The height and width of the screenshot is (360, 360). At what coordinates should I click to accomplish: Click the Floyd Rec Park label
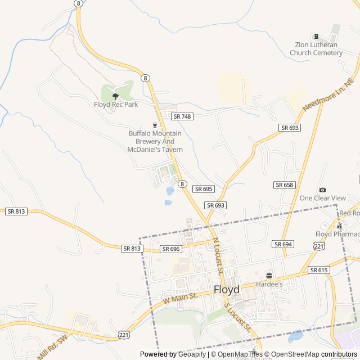(x=115, y=105)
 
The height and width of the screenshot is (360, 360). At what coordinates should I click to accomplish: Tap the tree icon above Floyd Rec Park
(x=115, y=96)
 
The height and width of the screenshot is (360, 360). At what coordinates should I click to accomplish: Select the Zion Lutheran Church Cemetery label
(x=316, y=49)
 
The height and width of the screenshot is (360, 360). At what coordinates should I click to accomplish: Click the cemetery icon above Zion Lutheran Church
(x=316, y=37)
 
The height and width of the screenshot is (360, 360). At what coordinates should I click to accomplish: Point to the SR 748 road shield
(x=182, y=116)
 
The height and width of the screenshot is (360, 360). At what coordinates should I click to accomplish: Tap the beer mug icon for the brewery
(x=155, y=125)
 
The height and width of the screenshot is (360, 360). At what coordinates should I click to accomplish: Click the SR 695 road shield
(x=203, y=189)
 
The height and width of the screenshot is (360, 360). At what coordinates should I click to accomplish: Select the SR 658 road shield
(x=285, y=185)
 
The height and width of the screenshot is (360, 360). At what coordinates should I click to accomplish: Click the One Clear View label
(x=322, y=198)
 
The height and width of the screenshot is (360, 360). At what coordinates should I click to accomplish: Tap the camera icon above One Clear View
(x=322, y=190)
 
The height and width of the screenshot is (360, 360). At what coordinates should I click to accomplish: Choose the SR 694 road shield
(x=283, y=244)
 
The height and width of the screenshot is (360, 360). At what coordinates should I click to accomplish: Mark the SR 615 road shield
(x=319, y=271)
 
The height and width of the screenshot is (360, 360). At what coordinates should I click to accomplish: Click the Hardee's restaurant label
(x=269, y=285)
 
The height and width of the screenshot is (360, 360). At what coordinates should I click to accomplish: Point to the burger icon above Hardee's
(x=269, y=276)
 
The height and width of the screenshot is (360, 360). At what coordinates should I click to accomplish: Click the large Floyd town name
(x=226, y=290)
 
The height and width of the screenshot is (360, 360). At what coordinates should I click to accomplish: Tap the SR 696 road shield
(x=170, y=249)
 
